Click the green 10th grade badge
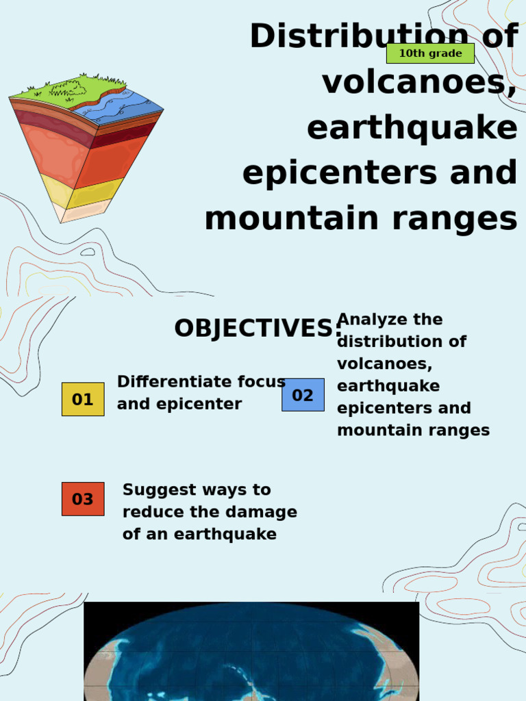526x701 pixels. point(430,53)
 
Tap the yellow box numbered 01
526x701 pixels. point(83,399)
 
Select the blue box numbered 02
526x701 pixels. point(303,395)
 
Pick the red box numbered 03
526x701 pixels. point(83,499)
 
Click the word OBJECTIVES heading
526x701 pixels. point(256,329)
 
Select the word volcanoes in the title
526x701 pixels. point(418,84)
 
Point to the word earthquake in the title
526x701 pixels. point(412,129)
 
